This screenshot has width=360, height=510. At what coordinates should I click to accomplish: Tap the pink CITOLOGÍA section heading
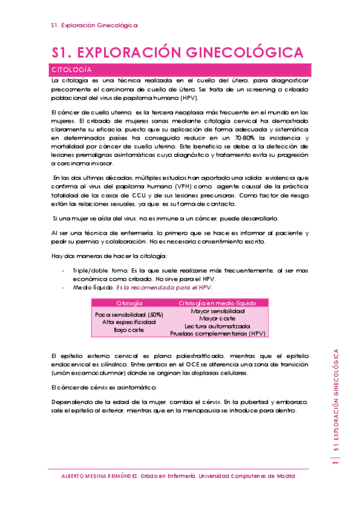coord(72,69)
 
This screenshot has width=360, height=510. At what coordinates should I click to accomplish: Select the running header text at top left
coord(94,25)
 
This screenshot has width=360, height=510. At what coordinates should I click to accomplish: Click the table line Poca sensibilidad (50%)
coord(129,315)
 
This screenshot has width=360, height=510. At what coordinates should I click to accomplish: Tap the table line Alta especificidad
coord(129,322)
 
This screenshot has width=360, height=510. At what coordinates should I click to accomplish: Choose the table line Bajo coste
coord(129,330)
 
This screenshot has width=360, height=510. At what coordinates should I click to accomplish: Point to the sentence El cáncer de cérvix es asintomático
coord(103,387)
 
